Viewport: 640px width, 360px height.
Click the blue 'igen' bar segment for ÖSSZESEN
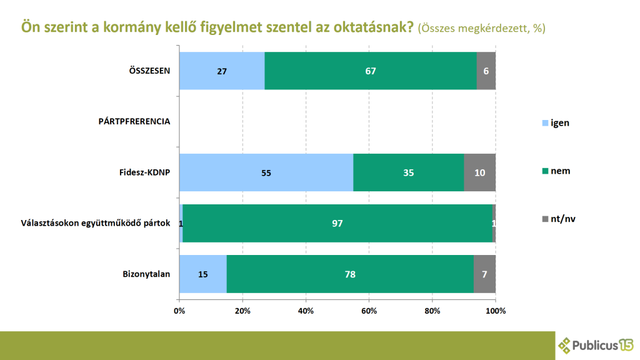[x=222, y=71]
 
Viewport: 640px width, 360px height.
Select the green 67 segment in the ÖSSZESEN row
[x=371, y=71]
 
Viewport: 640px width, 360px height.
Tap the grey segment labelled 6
[x=486, y=71]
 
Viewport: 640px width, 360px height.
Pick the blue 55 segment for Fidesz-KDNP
[x=266, y=172]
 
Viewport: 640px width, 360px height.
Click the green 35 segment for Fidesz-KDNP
[x=408, y=172]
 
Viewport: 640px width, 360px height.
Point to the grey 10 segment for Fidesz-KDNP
[x=480, y=172]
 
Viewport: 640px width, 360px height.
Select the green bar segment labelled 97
[x=337, y=223]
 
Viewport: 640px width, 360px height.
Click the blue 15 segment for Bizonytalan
[x=203, y=274]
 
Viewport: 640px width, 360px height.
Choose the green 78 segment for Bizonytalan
[x=350, y=274]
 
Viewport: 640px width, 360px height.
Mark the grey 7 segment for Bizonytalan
[x=484, y=274]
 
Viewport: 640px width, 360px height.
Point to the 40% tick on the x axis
[x=306, y=311]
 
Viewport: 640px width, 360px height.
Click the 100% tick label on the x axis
[x=496, y=311]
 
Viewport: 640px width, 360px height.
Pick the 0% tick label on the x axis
[x=179, y=311]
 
